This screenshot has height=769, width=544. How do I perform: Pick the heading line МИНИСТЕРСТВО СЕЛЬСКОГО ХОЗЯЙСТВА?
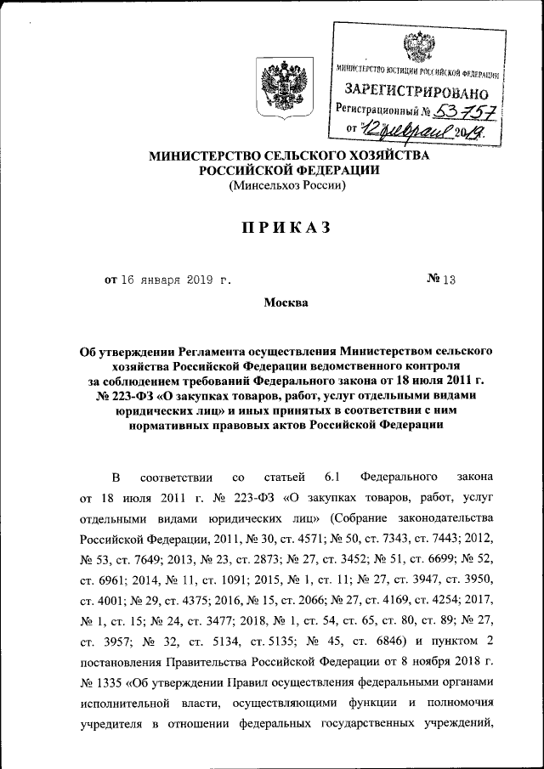[x=289, y=155]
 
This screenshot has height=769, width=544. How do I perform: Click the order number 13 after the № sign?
[x=449, y=279]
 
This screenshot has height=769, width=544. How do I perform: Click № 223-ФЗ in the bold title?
[x=109, y=396]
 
